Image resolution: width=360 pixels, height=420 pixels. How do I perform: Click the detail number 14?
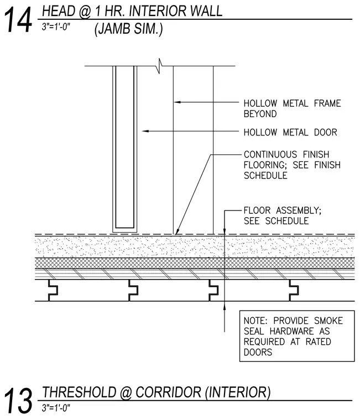click(18, 20)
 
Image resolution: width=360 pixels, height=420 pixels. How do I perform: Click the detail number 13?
click(18, 401)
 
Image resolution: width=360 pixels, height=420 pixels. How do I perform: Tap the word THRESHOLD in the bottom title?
click(79, 392)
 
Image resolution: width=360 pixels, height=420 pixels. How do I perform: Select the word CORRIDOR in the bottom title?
click(168, 392)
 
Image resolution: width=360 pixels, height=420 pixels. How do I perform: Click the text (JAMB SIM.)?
click(128, 29)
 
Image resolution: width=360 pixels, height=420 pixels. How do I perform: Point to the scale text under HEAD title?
click(56, 27)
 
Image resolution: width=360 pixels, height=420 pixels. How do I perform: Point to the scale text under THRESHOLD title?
click(56, 408)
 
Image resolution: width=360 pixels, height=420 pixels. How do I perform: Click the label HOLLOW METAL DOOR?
click(290, 132)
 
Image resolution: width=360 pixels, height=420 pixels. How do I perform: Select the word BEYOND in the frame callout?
click(260, 114)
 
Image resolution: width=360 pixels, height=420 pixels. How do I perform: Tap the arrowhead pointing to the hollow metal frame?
click(177, 102)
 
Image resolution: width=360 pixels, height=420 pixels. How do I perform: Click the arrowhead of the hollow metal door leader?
click(145, 132)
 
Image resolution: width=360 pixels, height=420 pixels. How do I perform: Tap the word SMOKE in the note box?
click(328, 321)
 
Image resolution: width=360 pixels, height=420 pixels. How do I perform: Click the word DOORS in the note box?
click(258, 352)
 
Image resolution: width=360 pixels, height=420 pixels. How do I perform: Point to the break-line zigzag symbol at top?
click(160, 66)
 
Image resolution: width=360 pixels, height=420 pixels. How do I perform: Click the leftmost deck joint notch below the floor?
click(53, 290)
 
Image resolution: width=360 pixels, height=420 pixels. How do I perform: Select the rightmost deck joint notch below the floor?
click(294, 290)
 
